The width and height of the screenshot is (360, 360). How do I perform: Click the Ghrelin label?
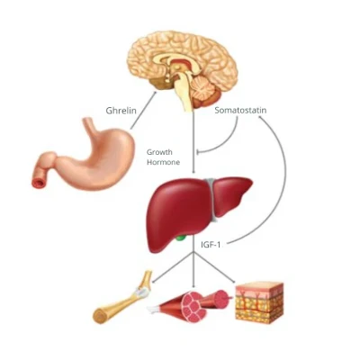pyautogui.click(x=121, y=111)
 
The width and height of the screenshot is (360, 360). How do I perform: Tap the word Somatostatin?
pyautogui.click(x=240, y=110)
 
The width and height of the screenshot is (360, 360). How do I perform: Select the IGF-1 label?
pyautogui.click(x=211, y=245)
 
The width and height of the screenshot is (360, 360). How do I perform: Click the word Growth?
pyautogui.click(x=159, y=152)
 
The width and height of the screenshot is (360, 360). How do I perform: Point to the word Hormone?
pyautogui.click(x=163, y=162)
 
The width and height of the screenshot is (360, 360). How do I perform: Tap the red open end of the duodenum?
pyautogui.click(x=39, y=182)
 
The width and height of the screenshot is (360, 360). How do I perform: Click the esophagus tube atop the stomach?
pyautogui.click(x=90, y=126)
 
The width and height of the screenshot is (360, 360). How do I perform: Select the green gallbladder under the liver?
pyautogui.click(x=181, y=238)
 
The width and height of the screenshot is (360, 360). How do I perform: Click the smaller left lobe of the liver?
pyautogui.click(x=231, y=195)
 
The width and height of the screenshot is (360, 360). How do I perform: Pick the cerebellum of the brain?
pyautogui.click(x=205, y=89)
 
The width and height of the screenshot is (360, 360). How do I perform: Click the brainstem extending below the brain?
pyautogui.click(x=184, y=93)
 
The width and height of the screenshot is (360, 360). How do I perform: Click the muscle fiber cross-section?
pyautogui.click(x=195, y=307)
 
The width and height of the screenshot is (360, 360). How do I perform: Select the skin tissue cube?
pyautogui.click(x=259, y=302)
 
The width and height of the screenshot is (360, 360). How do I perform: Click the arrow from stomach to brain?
pyautogui.click(x=143, y=110)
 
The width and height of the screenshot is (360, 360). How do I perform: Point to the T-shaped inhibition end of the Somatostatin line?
pyautogui.click(x=197, y=152)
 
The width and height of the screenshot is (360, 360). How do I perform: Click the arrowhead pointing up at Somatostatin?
pyautogui.click(x=260, y=118)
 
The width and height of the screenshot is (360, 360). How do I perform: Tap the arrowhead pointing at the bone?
pyautogui.click(x=154, y=282)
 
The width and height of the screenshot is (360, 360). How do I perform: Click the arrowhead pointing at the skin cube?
pyautogui.click(x=233, y=282)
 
